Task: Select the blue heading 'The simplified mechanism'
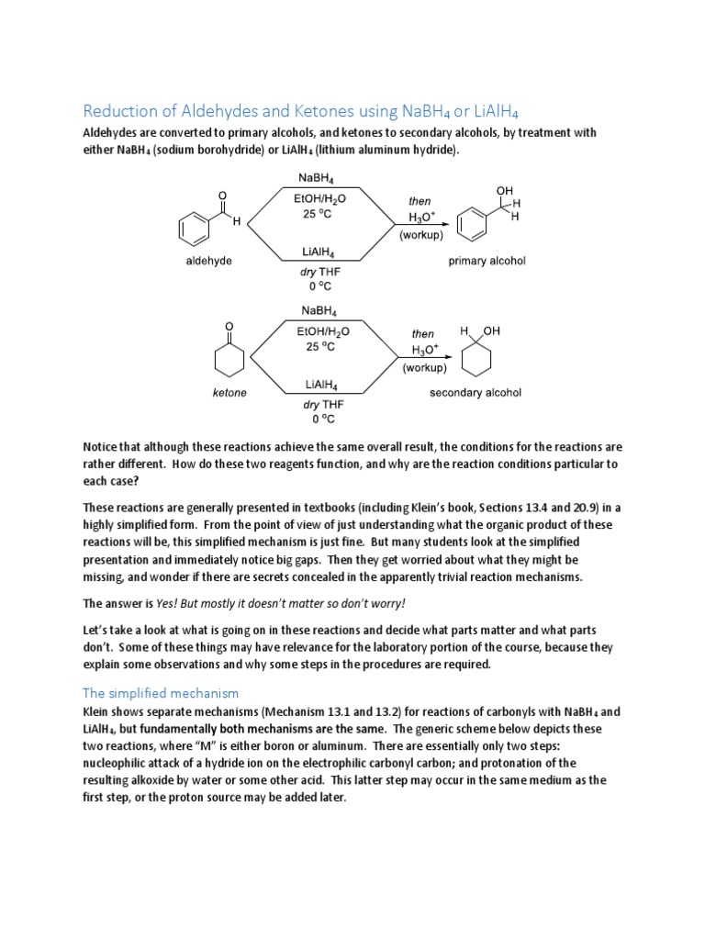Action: pos(161,693)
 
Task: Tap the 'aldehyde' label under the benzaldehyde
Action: pos(208,261)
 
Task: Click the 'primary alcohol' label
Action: pos(487,261)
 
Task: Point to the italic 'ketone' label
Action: pos(229,393)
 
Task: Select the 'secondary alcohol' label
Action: pos(476,393)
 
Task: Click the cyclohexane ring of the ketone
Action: pos(229,359)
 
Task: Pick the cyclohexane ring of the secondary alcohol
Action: pos(476,359)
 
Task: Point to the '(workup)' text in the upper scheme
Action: pos(420,235)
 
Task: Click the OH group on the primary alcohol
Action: pos(504,190)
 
